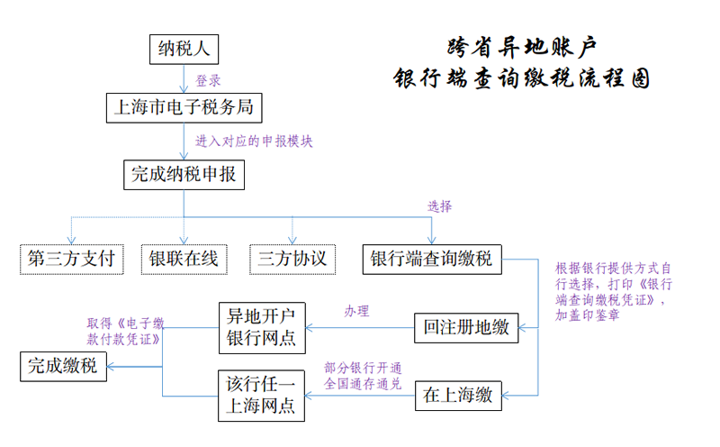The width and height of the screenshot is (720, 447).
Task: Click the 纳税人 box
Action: [184, 50]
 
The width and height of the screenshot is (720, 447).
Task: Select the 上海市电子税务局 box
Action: [184, 108]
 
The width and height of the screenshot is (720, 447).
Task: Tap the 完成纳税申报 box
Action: [184, 175]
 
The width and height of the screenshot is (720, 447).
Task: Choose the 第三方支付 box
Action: [72, 259]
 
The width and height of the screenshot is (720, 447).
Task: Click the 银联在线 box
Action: [184, 259]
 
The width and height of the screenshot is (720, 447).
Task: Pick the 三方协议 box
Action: [292, 259]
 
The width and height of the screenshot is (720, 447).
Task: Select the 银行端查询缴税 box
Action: [432, 259]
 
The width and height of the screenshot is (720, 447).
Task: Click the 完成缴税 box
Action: [63, 365]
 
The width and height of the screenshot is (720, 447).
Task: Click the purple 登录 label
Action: [208, 79]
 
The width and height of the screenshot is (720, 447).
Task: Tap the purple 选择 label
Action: [440, 205]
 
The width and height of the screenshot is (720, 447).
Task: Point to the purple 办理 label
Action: [356, 311]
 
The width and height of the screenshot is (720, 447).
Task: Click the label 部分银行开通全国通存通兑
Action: [363, 376]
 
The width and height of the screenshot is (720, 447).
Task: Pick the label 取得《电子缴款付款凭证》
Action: [125, 331]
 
